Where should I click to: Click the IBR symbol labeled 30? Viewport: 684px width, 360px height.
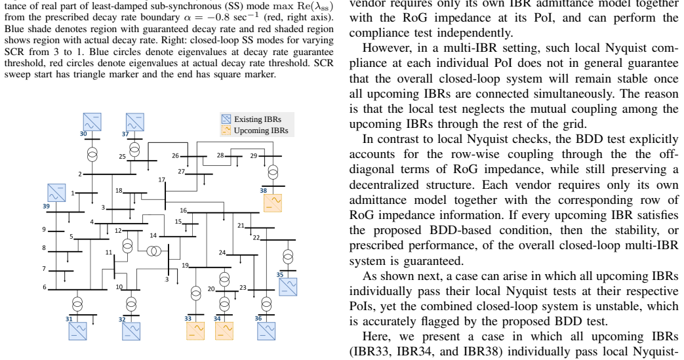click(92, 122)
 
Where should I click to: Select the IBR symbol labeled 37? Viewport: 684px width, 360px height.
click(135, 122)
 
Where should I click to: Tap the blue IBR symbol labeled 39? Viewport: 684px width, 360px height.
click(56, 193)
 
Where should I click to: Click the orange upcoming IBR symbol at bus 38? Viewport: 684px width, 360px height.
click(273, 203)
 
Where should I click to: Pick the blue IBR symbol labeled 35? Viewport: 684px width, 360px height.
click(288, 287)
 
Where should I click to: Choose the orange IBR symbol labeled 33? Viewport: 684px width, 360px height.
click(195, 330)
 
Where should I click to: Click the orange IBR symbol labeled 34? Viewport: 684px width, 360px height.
click(224, 330)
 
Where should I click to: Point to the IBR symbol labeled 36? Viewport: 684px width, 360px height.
click(266, 330)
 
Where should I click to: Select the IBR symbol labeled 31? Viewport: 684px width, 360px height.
click(77, 330)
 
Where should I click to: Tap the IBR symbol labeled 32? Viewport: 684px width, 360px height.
click(131, 330)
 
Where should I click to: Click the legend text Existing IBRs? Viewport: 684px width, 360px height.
click(257, 119)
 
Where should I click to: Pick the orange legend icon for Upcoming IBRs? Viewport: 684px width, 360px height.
click(226, 130)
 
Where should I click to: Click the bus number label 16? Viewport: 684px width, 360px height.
click(183, 210)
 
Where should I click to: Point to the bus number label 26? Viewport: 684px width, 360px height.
click(175, 155)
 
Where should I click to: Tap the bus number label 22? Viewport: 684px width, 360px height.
click(256, 237)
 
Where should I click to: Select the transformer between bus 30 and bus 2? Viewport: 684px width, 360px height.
click(92, 154)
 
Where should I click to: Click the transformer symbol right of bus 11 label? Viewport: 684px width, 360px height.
click(127, 246)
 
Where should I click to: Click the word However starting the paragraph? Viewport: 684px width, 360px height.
click(384, 48)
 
